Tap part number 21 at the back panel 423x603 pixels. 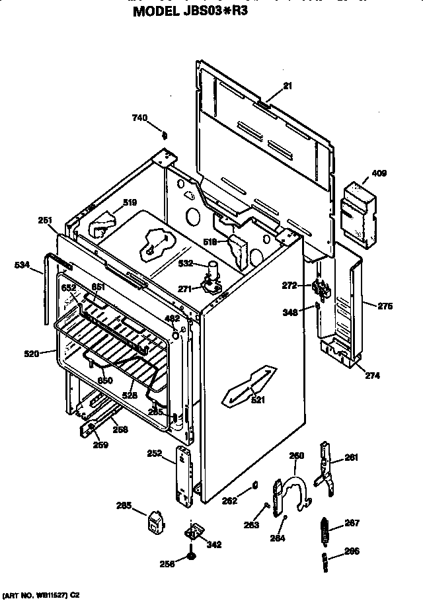coord(288,85)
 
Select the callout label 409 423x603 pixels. coord(379,174)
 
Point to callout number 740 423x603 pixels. coord(139,118)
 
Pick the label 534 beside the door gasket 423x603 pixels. coord(22,265)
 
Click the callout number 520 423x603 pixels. coord(31,354)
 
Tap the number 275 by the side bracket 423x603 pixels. coord(385,305)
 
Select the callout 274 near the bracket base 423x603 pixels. coord(372,376)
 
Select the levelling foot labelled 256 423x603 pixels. coord(191,560)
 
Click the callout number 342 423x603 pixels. coord(214,545)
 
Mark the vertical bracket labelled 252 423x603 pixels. coord(183,473)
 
